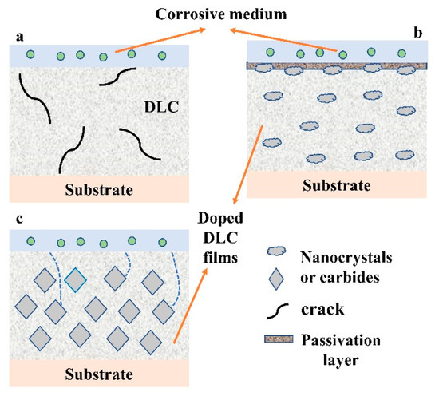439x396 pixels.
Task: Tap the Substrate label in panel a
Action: (x=98, y=189)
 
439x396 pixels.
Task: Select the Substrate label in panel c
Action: (x=98, y=374)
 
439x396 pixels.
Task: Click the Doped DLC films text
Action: (x=222, y=236)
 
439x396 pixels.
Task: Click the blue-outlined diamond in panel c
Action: (x=75, y=280)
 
